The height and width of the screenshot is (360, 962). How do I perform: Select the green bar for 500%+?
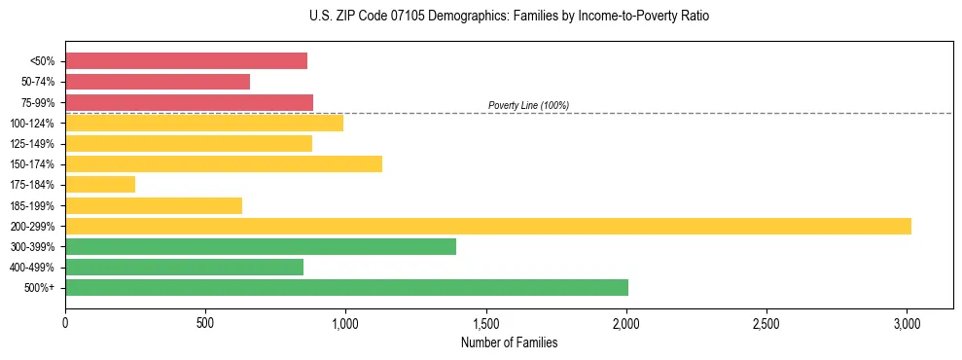346,287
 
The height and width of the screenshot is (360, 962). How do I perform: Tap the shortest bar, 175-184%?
100,184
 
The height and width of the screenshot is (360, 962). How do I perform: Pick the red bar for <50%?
186,61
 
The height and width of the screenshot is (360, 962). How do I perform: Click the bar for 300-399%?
261,246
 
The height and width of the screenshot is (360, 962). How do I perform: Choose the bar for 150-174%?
224,163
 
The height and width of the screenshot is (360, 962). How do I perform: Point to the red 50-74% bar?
158,82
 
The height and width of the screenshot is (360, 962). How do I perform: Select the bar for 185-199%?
154,205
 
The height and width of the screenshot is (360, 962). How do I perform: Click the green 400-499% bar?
184,267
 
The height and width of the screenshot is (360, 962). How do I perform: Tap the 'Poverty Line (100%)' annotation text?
528,105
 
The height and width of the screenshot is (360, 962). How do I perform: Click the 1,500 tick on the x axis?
486,322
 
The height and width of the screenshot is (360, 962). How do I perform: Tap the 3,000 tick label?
907,322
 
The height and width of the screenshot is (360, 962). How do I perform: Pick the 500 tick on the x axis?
205,322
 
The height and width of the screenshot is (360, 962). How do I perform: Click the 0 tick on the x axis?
65,322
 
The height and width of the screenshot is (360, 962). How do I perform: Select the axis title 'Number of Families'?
509,342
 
